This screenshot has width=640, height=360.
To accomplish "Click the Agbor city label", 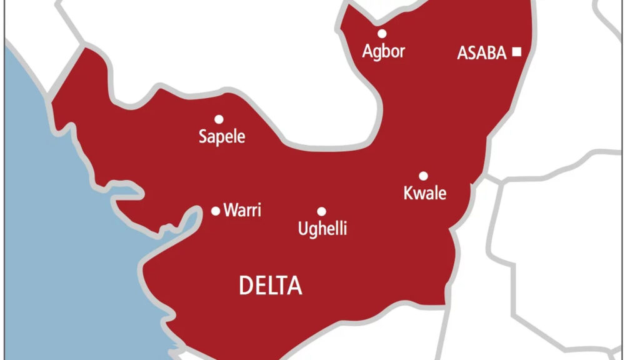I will [x=384, y=51].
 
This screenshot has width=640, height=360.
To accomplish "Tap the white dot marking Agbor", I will [x=382, y=34].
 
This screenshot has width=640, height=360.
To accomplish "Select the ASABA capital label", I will [x=482, y=53].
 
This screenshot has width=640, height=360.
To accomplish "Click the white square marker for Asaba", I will [x=516, y=52].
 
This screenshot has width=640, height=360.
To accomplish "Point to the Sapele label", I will [x=222, y=136].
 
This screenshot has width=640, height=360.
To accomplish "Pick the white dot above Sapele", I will [x=219, y=119].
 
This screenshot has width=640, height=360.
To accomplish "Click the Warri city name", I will [x=242, y=211].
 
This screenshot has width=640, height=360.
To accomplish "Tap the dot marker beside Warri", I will [x=216, y=211].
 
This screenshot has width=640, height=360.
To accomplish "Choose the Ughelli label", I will [x=322, y=229].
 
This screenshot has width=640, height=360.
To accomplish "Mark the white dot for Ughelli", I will [x=321, y=212].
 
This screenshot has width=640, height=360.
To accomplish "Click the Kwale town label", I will [x=425, y=193].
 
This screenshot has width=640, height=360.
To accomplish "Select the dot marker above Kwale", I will [x=423, y=176].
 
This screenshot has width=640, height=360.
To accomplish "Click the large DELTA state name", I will [x=271, y=286].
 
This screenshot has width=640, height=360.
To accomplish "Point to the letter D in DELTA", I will [x=246, y=286].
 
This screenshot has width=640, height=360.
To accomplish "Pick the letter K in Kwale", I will [x=408, y=193].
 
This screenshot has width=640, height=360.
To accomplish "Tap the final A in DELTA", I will [x=294, y=286].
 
